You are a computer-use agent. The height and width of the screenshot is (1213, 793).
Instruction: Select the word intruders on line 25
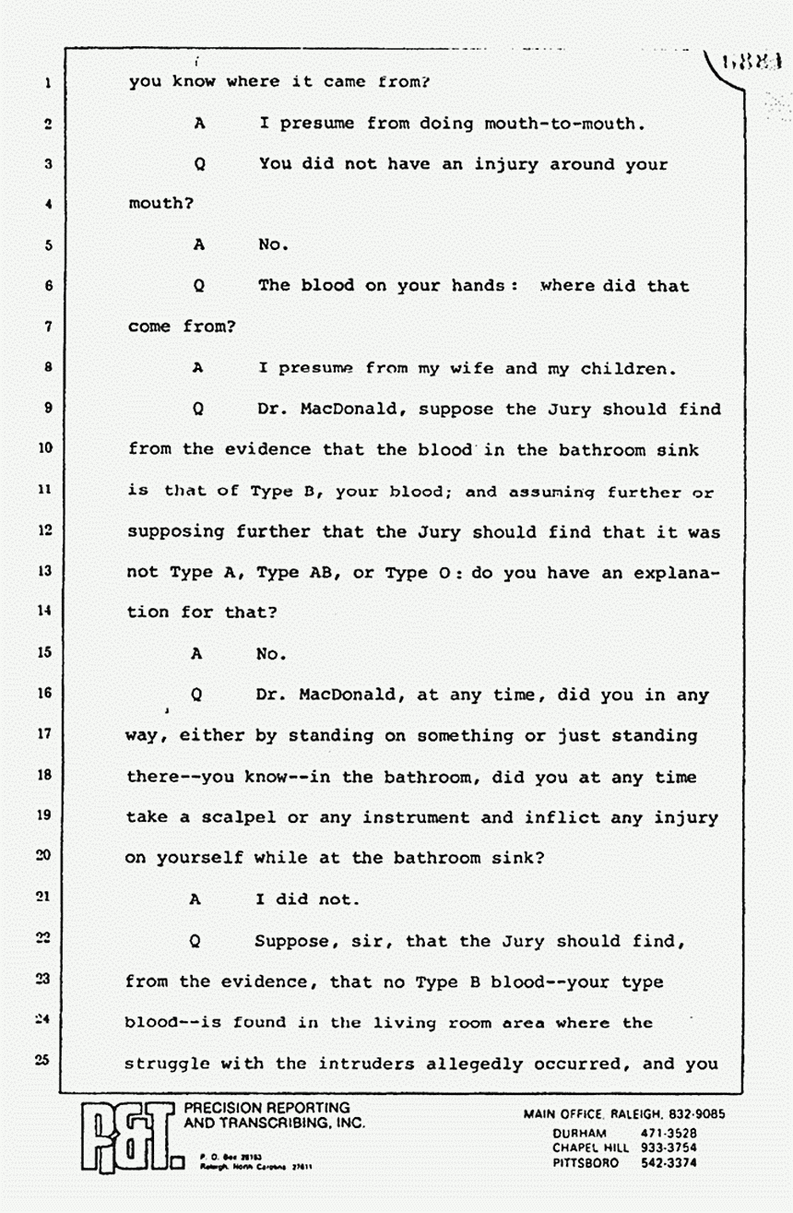click(356, 1064)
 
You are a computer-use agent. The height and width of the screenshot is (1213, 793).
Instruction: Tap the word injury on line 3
click(506, 164)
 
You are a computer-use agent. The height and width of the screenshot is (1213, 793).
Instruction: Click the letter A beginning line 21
click(195, 900)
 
